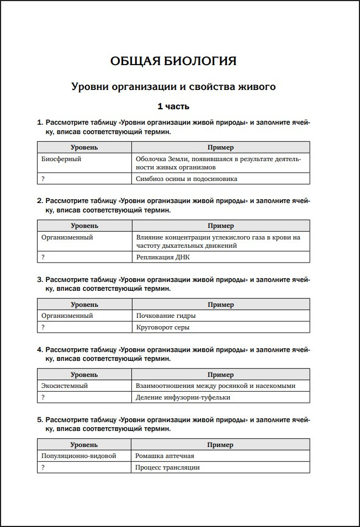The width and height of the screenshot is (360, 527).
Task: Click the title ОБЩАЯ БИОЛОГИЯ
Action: [x=173, y=61]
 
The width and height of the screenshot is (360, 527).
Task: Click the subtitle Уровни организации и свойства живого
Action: [x=173, y=87]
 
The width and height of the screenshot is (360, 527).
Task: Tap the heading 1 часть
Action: [x=173, y=106]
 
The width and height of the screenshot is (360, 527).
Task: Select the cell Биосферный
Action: [x=61, y=159]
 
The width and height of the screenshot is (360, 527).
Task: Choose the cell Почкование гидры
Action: [x=166, y=316]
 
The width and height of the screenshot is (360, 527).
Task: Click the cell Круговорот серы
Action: [x=163, y=327]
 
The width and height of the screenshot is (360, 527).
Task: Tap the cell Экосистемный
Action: [x=65, y=386]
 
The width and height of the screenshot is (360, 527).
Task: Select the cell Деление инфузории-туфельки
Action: [x=183, y=397]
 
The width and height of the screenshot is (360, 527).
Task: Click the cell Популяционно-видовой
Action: [x=79, y=456]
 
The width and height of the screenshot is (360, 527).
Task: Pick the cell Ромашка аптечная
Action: [x=165, y=456]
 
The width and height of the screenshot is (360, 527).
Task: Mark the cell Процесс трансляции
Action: [x=168, y=467]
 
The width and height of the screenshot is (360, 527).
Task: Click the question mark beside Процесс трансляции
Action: [x=43, y=467]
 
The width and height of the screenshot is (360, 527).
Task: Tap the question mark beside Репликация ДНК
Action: [x=43, y=257]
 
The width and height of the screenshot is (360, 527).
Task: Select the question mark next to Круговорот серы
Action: [x=43, y=327]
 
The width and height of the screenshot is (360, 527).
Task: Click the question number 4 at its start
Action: [x=40, y=350]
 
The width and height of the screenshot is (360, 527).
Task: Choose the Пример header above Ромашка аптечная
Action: [x=220, y=445]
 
